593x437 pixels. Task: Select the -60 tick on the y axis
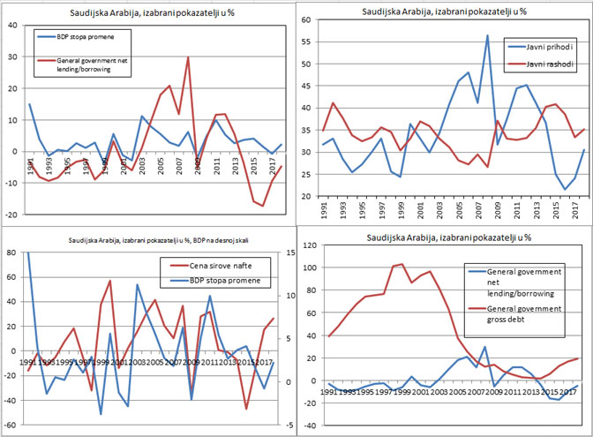(11, 425)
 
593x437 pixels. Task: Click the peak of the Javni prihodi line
(487, 36)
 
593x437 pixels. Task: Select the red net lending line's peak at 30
(188, 57)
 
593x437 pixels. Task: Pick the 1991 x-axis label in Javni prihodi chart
(324, 214)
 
